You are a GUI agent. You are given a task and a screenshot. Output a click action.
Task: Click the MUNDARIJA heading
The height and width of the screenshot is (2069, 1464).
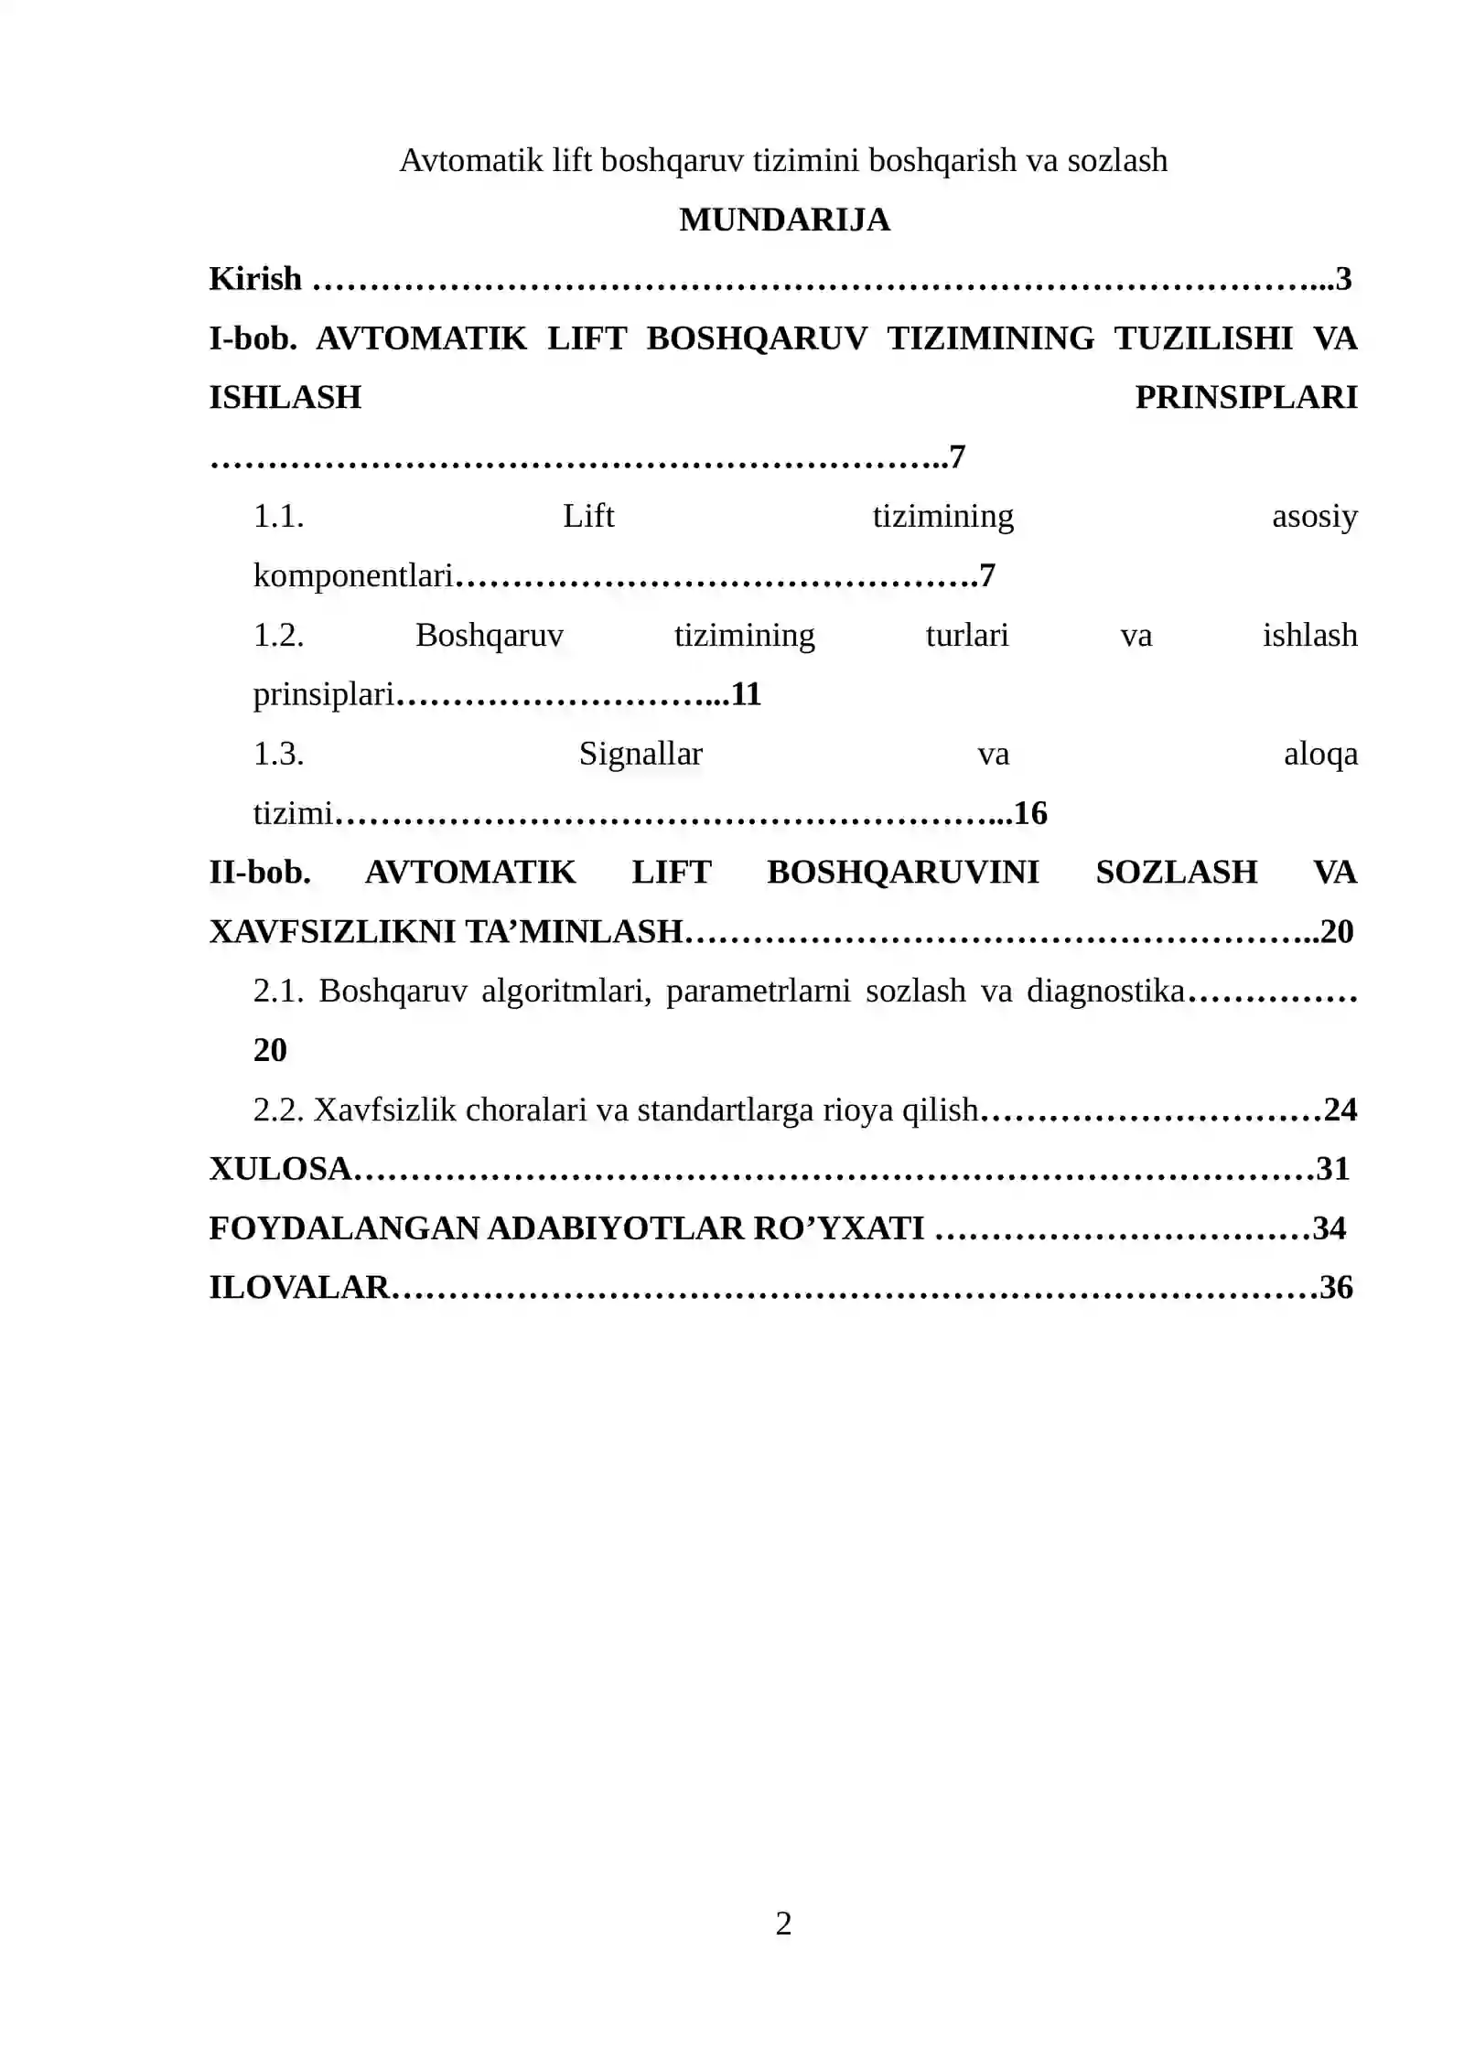coord(783,220)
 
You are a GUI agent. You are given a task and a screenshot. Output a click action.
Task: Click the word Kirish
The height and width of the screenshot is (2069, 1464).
coord(254,279)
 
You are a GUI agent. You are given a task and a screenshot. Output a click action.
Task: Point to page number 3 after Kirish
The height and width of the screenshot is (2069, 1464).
coord(1342,279)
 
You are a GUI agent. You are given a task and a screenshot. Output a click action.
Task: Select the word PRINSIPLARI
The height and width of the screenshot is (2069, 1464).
coord(1245,398)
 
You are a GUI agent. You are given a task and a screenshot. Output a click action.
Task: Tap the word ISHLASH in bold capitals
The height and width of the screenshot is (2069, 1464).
coord(285,398)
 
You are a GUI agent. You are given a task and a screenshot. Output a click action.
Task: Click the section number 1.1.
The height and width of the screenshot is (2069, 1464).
coord(278,517)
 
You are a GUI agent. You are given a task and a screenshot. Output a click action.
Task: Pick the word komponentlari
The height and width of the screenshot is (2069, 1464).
coord(353,576)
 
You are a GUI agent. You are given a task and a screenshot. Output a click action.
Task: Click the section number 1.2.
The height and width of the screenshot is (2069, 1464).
coord(278,636)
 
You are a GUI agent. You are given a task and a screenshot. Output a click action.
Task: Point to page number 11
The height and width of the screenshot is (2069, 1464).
coord(746,695)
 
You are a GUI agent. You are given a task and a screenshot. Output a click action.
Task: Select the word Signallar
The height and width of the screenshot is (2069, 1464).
coord(640,755)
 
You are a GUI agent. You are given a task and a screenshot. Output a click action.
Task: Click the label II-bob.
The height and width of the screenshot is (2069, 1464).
coord(260,873)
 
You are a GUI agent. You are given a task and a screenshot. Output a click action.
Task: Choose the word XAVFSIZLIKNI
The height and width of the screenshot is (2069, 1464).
coord(331,932)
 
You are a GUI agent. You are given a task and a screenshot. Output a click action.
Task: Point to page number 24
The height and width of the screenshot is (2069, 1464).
coord(1340,1110)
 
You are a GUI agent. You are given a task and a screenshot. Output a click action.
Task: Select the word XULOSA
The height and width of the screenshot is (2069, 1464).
coord(280,1170)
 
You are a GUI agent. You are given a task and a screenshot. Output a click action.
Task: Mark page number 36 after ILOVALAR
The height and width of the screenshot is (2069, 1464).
coord(1336,1288)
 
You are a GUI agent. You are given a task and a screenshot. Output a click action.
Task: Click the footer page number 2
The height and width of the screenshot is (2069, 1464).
coord(783,1924)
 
